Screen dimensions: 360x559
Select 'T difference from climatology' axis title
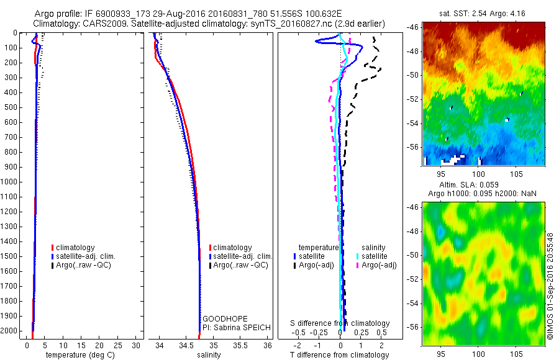[339, 355]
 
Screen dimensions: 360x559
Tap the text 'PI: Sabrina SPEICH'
[234, 328]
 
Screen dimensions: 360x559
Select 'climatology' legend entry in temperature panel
[76, 248]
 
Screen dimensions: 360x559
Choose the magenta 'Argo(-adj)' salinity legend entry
[379, 265]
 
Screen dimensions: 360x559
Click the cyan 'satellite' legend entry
[375, 256]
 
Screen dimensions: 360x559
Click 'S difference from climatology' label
[340, 323]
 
